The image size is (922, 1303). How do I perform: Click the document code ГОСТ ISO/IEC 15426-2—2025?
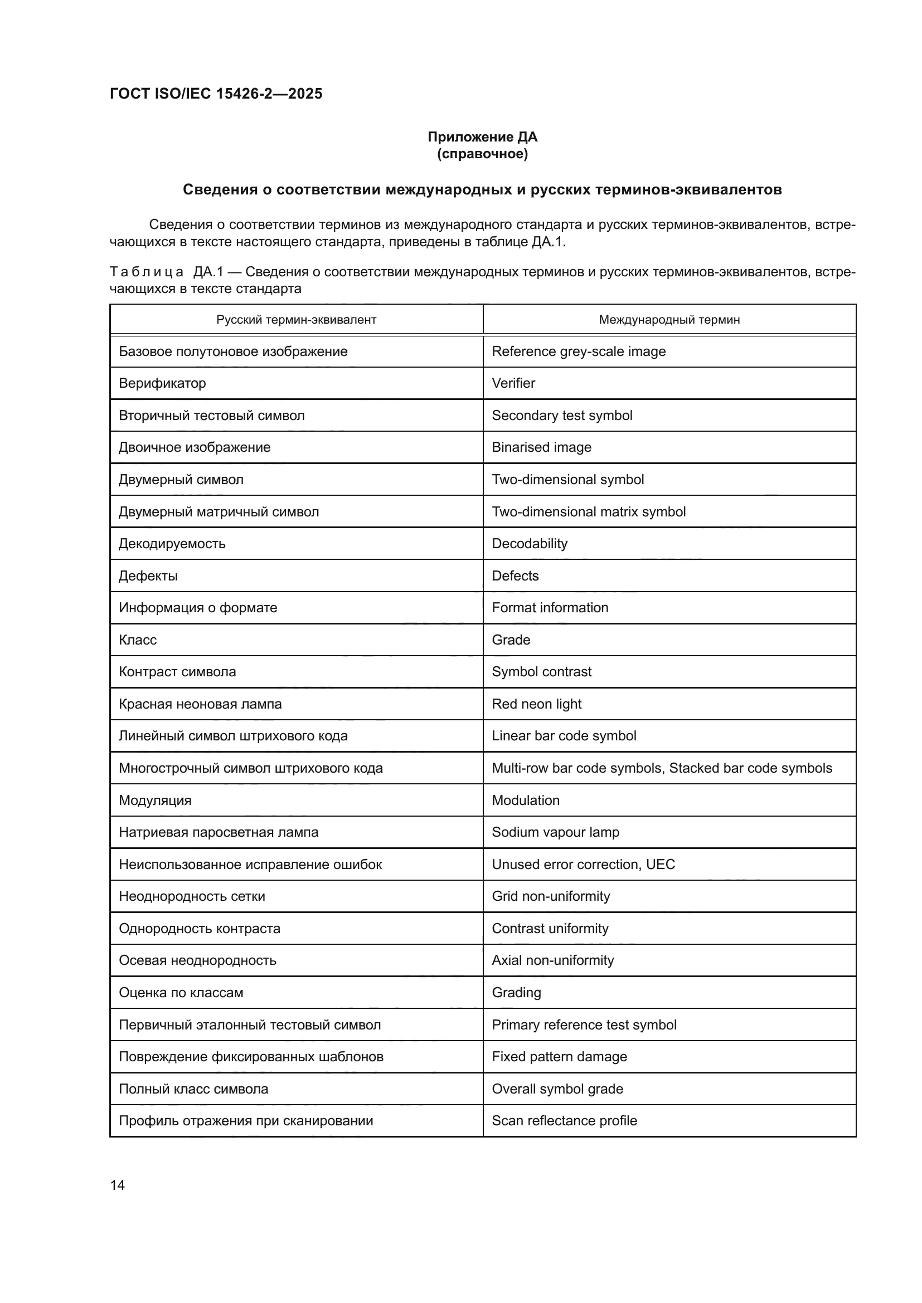click(216, 94)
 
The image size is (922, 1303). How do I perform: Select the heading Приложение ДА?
click(482, 137)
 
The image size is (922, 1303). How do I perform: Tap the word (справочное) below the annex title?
click(482, 154)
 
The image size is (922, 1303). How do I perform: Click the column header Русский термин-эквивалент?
click(296, 320)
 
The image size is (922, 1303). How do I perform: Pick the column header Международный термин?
click(669, 320)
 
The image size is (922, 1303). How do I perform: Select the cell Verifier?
click(513, 383)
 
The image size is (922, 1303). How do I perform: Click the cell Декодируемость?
click(172, 544)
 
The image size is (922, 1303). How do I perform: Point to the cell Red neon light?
click(536, 704)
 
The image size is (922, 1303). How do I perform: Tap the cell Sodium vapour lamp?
click(555, 832)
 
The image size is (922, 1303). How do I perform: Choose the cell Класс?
click(138, 640)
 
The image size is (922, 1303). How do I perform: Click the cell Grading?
click(516, 992)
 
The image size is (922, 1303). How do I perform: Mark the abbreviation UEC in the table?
click(660, 865)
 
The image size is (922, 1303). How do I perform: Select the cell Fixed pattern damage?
click(559, 1056)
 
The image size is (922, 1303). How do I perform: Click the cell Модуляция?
click(155, 800)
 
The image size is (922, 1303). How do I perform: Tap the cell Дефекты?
click(148, 575)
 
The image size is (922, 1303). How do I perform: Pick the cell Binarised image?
click(541, 447)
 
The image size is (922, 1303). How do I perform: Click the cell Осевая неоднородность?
click(197, 960)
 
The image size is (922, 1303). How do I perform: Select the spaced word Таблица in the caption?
click(147, 272)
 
